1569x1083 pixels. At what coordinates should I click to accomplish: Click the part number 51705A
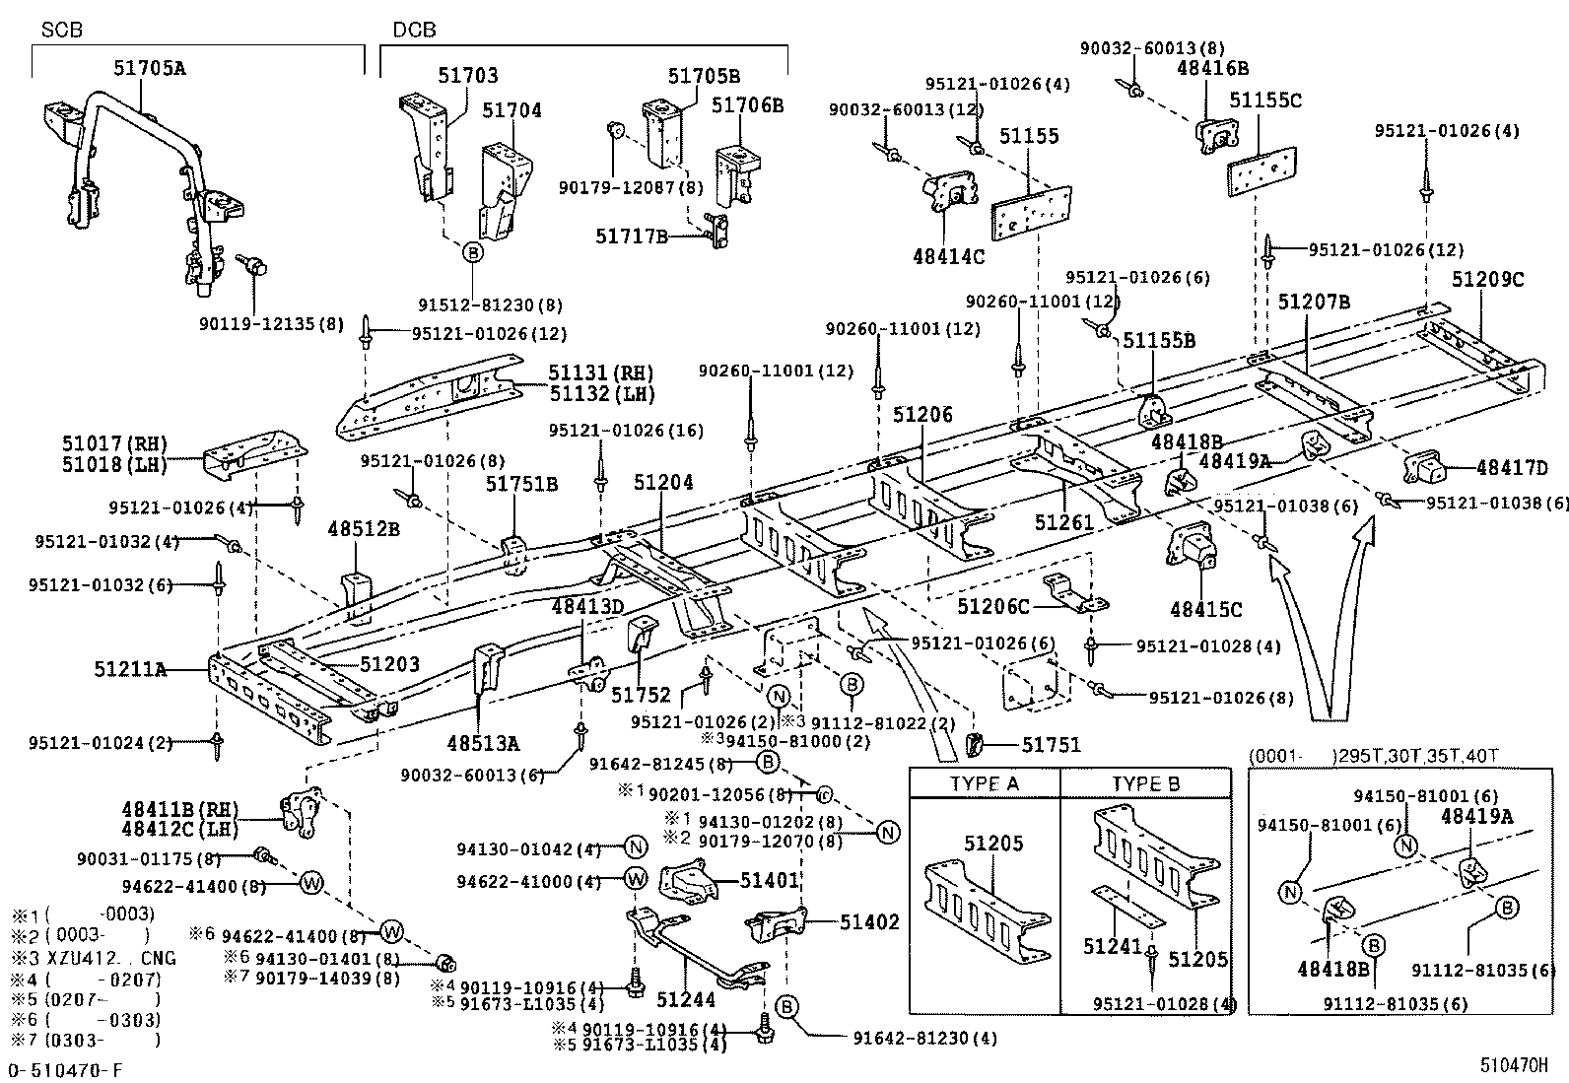(x=150, y=68)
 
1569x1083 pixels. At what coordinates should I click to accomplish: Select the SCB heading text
(x=61, y=31)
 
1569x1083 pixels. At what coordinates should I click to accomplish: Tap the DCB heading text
(x=414, y=31)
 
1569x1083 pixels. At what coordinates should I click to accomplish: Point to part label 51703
(x=468, y=75)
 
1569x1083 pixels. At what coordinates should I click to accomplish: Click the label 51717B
(x=632, y=237)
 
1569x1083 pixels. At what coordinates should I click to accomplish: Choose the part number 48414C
(x=948, y=256)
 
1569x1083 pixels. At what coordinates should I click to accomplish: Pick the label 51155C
(x=1265, y=101)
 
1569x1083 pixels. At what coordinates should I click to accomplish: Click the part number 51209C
(x=1487, y=280)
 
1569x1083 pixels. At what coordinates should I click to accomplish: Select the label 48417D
(x=1514, y=469)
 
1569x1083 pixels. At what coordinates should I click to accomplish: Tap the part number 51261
(x=1064, y=522)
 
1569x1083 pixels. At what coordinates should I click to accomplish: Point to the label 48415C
(x=1206, y=610)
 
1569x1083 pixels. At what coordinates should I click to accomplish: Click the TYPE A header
(x=985, y=784)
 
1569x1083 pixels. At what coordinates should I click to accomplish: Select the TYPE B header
(x=1146, y=784)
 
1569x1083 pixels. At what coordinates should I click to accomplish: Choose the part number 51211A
(x=129, y=669)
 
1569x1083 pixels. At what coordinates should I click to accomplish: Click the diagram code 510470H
(x=1514, y=1066)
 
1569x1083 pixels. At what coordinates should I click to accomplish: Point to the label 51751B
(x=521, y=484)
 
